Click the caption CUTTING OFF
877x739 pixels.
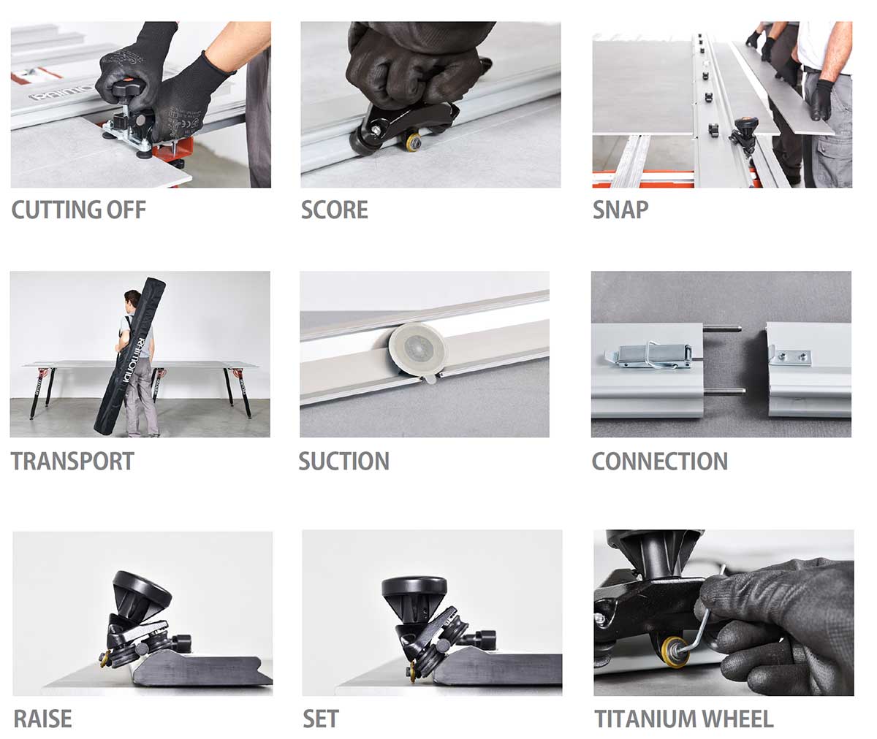coord(78,210)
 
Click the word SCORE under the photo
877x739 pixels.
coord(335,210)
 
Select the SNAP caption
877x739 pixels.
coord(620,210)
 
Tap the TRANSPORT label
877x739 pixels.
coord(72,462)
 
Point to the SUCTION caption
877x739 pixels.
coord(343,462)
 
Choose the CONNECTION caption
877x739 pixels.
coord(659,462)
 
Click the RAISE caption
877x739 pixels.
coord(42,719)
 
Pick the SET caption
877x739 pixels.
coord(321,719)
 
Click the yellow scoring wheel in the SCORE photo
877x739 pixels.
coord(414,141)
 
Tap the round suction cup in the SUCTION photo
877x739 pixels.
coord(417,349)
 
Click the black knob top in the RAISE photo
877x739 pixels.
coord(143,586)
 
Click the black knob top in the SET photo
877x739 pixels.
coord(414,586)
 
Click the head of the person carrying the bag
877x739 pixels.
coord(132,299)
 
